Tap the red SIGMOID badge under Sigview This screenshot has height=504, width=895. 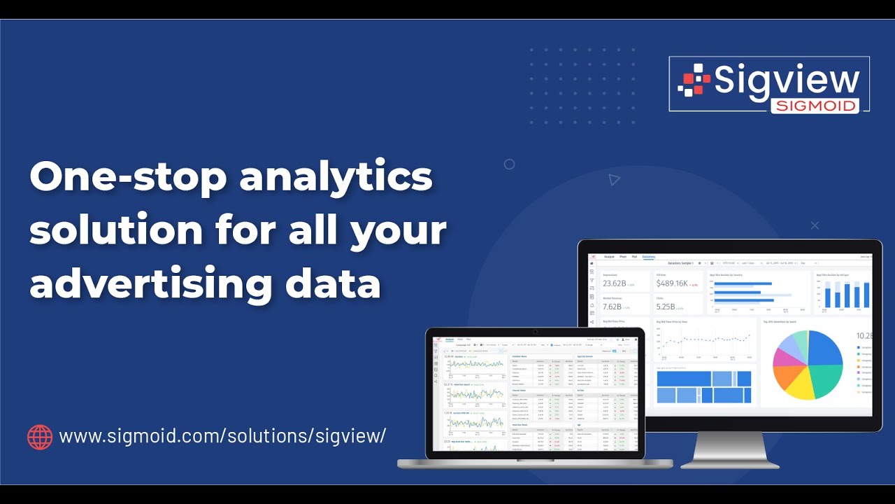pos(815,106)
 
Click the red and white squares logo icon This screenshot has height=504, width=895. pos(693,80)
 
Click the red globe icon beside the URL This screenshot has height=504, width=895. pos(40,437)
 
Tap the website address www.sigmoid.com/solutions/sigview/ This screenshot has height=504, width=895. pos(222,436)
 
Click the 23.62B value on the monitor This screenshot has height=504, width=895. pos(615,283)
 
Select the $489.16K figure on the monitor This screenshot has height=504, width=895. pos(673,283)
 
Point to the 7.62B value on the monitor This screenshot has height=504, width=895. pos(612,307)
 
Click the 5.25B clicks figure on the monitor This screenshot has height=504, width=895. pos(666,307)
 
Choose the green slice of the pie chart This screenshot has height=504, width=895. pos(829,378)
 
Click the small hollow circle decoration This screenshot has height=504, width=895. pos(509,164)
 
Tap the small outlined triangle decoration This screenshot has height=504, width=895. pos(614,180)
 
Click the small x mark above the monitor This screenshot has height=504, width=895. pos(815,225)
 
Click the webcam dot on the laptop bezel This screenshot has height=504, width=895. pos(535,331)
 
